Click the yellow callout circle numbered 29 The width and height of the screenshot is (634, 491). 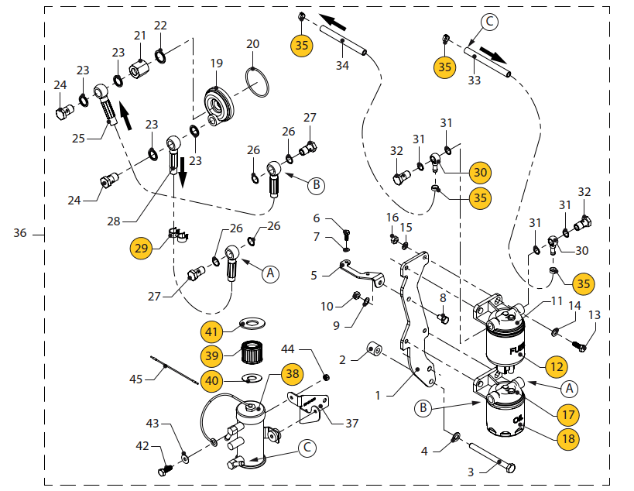click(x=141, y=249)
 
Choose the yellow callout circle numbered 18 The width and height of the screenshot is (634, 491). click(x=568, y=438)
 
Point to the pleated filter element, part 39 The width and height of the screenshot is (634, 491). click(x=251, y=355)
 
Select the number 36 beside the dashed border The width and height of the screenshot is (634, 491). click(x=21, y=232)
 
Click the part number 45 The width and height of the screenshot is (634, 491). click(x=136, y=379)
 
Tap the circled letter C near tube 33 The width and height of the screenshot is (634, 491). click(x=490, y=22)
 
